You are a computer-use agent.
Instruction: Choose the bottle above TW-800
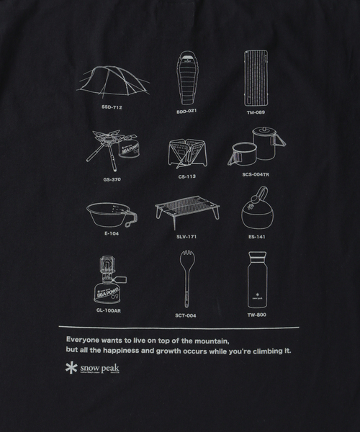coord(257,280)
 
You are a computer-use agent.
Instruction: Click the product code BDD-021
coord(186,112)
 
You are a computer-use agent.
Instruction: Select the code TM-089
coord(256,112)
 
